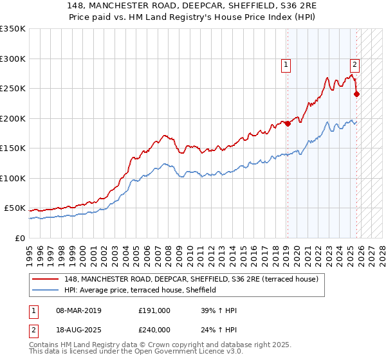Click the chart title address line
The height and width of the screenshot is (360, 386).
pos(193,4)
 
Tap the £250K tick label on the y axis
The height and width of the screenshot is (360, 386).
pos(13,88)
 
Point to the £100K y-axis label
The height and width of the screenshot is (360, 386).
pos(13,178)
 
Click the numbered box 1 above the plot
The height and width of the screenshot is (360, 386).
pos(285,64)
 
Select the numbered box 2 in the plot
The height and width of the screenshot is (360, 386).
pos(354,64)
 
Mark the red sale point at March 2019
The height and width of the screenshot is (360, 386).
pos(288,124)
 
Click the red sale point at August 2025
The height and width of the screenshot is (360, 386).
pos(357,94)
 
